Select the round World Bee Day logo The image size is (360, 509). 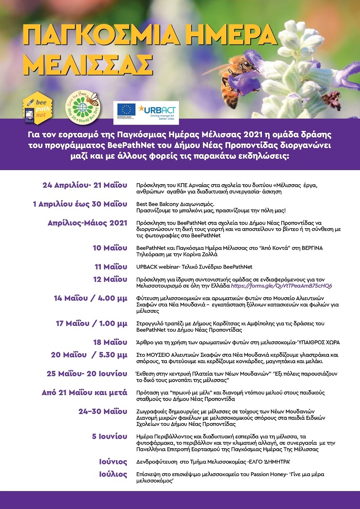[x=83, y=108]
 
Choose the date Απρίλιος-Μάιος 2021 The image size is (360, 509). [x=87, y=223]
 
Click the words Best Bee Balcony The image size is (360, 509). [x=155, y=204]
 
